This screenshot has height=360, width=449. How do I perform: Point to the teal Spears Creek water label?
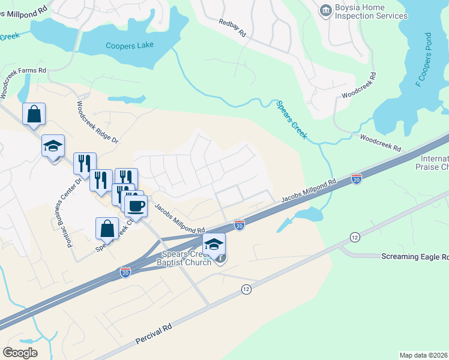(x=291, y=119)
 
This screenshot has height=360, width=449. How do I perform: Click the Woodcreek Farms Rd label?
(x=23, y=70)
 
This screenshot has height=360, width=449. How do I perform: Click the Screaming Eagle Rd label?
(x=415, y=256)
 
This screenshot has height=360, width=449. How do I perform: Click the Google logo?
(x=20, y=352)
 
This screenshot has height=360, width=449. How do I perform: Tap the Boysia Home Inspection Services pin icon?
(x=325, y=10)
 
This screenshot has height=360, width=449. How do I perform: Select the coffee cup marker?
(x=136, y=206)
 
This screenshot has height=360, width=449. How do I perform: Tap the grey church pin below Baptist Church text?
(x=221, y=259)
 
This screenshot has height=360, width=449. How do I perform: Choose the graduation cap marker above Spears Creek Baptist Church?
(x=214, y=244)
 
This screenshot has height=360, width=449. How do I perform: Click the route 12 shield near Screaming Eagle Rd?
(x=355, y=238)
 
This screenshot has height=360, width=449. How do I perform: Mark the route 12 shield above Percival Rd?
(x=246, y=289)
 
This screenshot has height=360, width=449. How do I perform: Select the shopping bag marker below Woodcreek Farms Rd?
(x=34, y=113)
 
